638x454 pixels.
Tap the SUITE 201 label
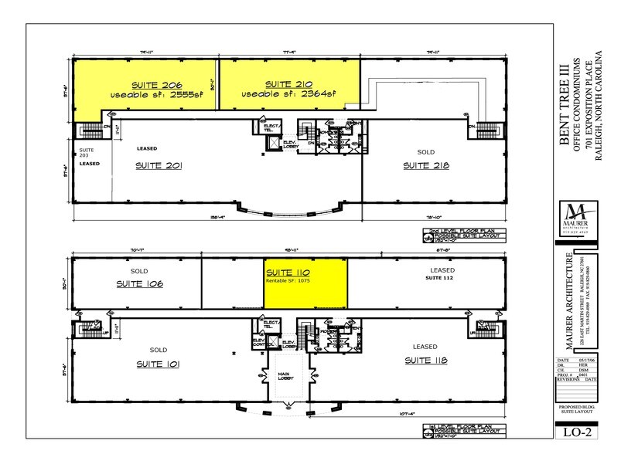[x=161, y=165]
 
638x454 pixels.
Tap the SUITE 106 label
[x=140, y=284]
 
